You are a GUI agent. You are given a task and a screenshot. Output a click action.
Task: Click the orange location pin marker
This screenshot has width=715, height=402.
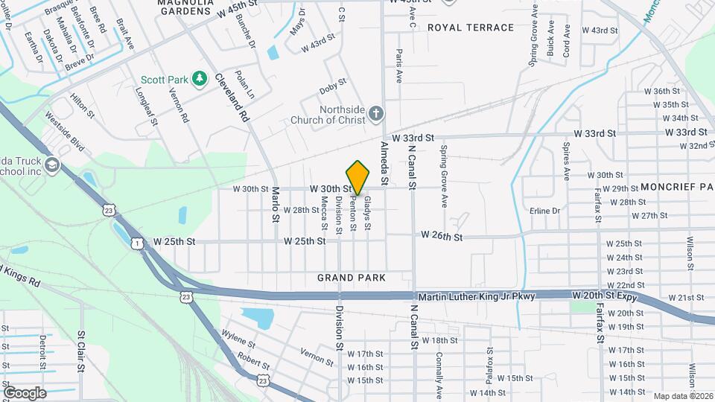point(358,178)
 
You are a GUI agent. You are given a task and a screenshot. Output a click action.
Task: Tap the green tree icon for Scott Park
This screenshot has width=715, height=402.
point(199,78)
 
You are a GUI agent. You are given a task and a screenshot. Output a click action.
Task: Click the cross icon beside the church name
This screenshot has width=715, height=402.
point(377,114)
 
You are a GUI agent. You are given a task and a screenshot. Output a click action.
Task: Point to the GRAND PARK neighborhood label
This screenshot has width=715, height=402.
point(352,278)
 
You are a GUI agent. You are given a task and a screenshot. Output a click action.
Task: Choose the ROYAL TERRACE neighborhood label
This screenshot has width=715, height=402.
point(471,28)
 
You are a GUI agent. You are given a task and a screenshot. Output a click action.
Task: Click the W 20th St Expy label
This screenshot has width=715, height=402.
point(606,296)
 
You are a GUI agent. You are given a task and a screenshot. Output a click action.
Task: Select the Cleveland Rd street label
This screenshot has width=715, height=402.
point(232,98)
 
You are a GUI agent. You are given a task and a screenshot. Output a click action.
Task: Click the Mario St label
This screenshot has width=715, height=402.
point(274,205)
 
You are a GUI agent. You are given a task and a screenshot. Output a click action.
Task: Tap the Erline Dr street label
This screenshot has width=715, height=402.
point(544,211)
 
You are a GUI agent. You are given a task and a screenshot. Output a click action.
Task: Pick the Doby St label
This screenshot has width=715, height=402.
point(333,86)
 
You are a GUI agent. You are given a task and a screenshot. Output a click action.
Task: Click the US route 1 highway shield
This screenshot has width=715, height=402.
point(137,243)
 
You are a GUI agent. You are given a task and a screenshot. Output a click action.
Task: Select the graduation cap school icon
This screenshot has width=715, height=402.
point(51,164)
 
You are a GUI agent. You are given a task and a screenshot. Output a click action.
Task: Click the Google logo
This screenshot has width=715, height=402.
point(24,392)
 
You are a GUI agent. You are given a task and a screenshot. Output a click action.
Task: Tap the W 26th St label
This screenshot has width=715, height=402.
point(442,236)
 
